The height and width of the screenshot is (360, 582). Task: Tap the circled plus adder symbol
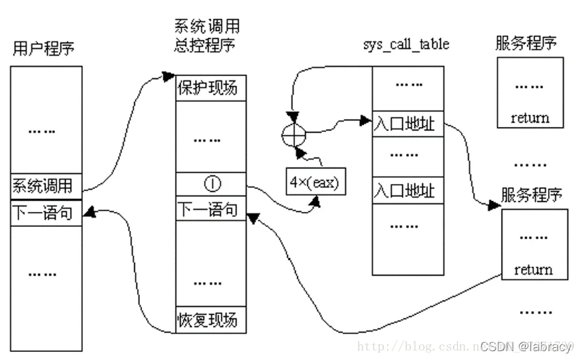pos(293,134)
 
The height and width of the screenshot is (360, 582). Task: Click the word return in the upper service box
pos(530,118)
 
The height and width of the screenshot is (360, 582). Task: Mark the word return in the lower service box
pos(533,270)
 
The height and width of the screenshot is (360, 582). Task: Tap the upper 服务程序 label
pos(526,44)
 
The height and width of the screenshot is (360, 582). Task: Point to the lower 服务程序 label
pos(532,194)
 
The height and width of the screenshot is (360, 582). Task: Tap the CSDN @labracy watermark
pos(526,346)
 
